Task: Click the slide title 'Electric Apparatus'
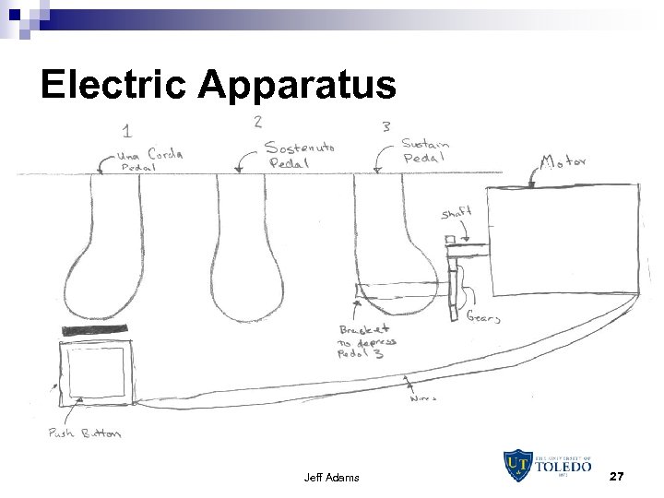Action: point(219,85)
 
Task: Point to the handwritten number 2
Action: point(257,121)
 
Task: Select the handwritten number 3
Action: point(385,126)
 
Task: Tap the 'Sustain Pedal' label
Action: point(425,151)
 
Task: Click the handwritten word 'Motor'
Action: point(563,163)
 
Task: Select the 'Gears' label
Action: point(483,317)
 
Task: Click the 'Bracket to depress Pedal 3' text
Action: point(368,341)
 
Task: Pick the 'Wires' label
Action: point(421,399)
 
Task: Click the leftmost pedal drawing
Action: point(101,254)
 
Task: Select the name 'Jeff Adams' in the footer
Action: point(330,478)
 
